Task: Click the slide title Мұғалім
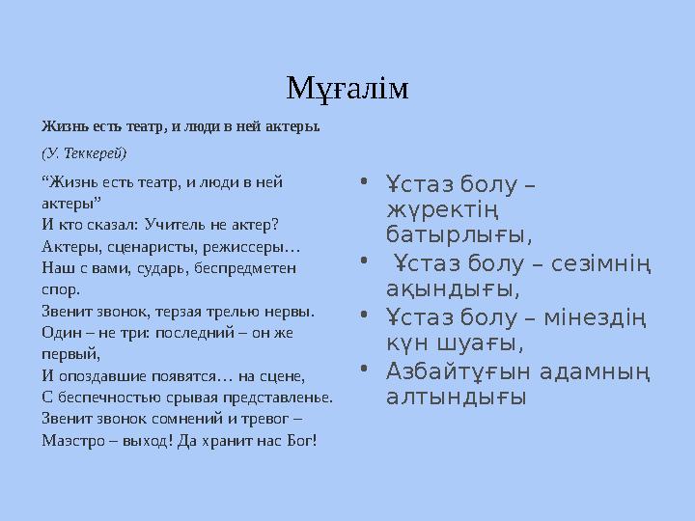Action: [x=347, y=88]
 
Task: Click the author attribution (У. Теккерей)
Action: [x=84, y=152]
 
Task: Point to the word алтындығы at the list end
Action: [x=457, y=397]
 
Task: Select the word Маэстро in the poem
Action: [x=72, y=440]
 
